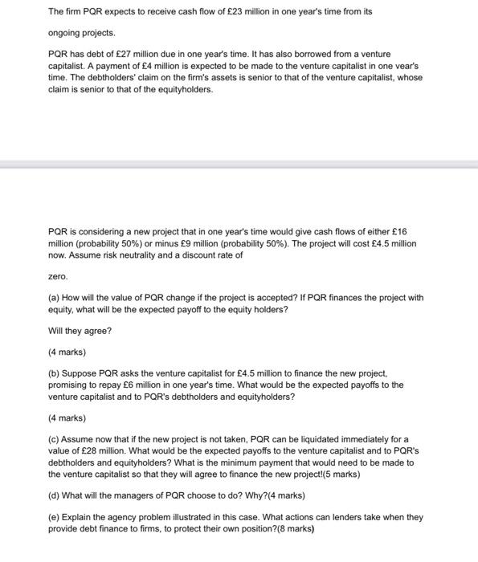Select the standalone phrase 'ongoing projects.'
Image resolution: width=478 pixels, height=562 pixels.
82,33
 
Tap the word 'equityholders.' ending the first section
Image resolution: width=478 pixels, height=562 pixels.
186,89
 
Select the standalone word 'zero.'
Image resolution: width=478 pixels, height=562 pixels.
59,275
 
